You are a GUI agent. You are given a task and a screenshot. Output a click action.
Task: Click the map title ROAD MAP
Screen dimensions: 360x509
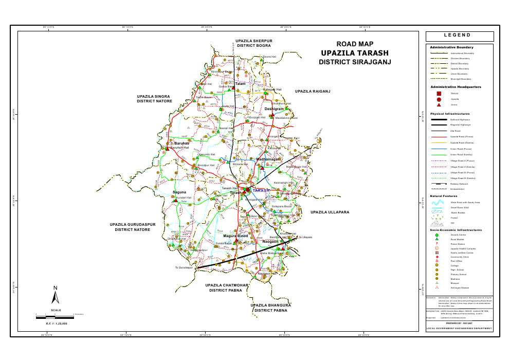tap(354, 44)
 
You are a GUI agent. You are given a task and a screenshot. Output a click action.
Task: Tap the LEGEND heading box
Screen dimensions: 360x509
tap(459, 36)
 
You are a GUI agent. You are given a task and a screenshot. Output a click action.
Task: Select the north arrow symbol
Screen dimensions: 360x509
tap(56, 295)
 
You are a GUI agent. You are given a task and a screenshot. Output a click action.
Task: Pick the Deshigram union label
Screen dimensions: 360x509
tap(274, 110)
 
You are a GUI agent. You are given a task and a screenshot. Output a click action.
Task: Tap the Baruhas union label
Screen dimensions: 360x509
tap(182, 143)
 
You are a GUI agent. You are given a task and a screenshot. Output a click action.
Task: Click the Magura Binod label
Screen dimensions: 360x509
tap(235, 236)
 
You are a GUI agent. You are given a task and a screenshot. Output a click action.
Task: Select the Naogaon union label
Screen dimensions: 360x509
tap(270, 241)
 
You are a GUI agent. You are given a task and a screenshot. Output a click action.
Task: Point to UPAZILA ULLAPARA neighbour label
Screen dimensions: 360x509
tap(330, 212)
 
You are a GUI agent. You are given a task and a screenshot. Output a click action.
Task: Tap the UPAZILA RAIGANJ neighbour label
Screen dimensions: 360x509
tap(312, 92)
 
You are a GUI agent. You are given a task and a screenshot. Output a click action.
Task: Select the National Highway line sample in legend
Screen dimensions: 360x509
tap(438, 120)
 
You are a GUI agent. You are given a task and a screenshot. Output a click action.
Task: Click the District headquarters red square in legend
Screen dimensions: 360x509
tap(438, 94)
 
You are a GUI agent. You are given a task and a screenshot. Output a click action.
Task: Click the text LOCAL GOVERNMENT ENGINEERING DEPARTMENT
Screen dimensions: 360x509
tap(459, 329)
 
